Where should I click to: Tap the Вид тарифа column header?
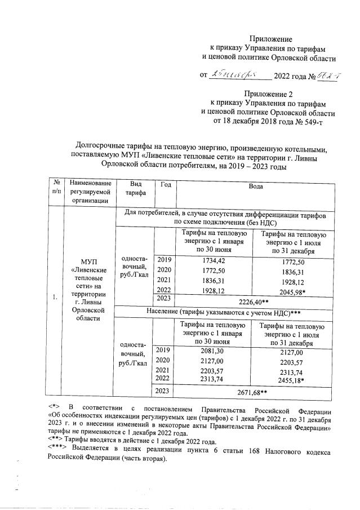[x=134, y=188]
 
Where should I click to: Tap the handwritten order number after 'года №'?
[x=326, y=74]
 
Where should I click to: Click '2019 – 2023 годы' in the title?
[x=256, y=166]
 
